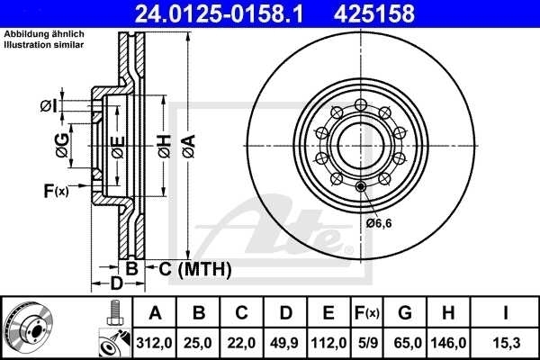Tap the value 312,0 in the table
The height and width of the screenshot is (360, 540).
155,342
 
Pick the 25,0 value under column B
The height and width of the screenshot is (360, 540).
199,342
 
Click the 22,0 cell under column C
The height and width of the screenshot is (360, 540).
242,342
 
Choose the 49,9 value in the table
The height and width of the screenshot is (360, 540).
285,342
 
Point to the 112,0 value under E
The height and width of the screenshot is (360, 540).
328,342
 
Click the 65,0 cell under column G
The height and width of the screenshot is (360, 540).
405,342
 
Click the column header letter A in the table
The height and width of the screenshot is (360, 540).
155,313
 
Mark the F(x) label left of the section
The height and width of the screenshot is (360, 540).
55,191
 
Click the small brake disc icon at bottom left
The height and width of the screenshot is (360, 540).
27,328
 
